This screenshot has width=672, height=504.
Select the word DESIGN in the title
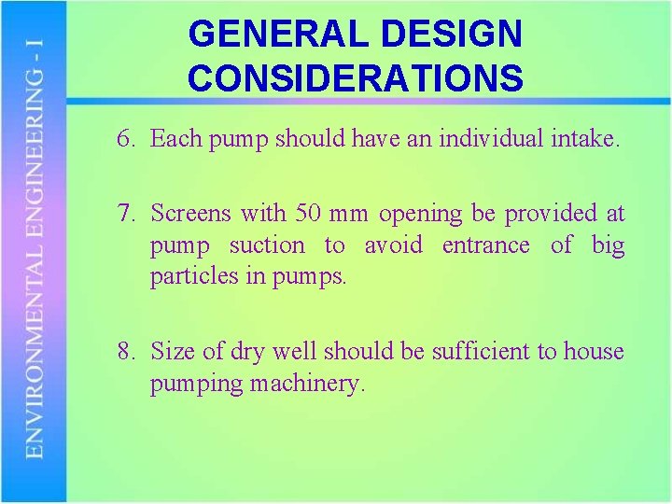[x=470, y=35]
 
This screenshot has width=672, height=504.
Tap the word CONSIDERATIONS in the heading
[x=356, y=77]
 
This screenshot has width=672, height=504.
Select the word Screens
[x=191, y=214]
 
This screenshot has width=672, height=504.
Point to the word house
[x=595, y=352]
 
